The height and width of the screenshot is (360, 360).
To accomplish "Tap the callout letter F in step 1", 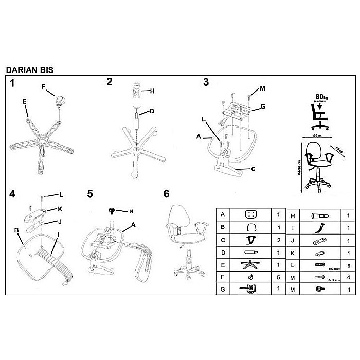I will [44, 86].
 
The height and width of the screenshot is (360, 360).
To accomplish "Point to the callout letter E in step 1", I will [25, 102].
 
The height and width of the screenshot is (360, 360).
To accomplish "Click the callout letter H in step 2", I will [152, 92].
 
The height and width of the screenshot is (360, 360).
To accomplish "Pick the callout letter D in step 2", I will [152, 112].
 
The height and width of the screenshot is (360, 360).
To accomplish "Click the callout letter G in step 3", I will [262, 107].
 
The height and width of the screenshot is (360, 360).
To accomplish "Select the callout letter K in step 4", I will [60, 209].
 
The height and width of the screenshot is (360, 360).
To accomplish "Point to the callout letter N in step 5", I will [131, 211].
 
